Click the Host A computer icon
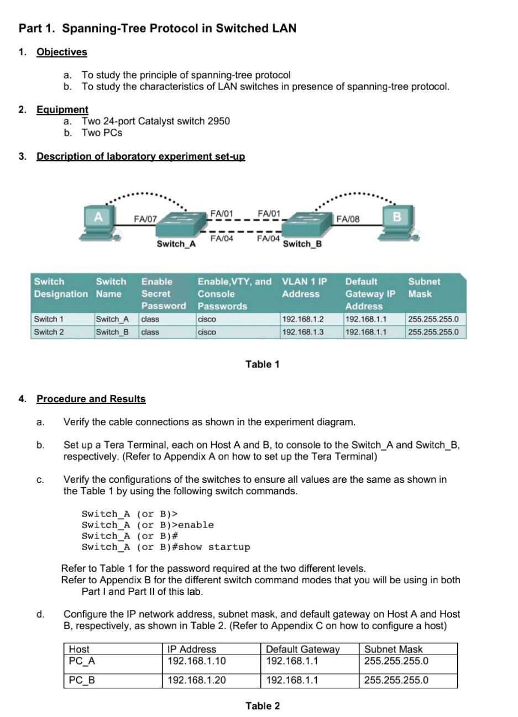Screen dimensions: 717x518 [100, 223]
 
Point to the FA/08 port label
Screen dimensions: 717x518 [348, 219]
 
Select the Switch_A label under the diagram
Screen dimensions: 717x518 [176, 244]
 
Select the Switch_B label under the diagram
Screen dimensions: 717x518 [302, 244]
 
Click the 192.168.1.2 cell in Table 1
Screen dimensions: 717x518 [302, 319]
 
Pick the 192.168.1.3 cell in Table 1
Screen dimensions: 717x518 [302, 332]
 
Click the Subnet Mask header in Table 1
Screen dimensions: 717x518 [424, 287]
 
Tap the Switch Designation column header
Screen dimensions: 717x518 [60, 287]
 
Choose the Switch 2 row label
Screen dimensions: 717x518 [49, 332]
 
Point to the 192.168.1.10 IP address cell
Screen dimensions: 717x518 [196, 661]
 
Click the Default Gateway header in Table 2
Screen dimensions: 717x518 [302, 649]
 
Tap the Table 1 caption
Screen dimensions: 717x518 [262, 364]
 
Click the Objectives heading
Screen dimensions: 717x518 [61, 52]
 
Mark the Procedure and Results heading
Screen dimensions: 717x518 [91, 399]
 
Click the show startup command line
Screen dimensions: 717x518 [165, 547]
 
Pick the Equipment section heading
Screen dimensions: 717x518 [62, 109]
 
